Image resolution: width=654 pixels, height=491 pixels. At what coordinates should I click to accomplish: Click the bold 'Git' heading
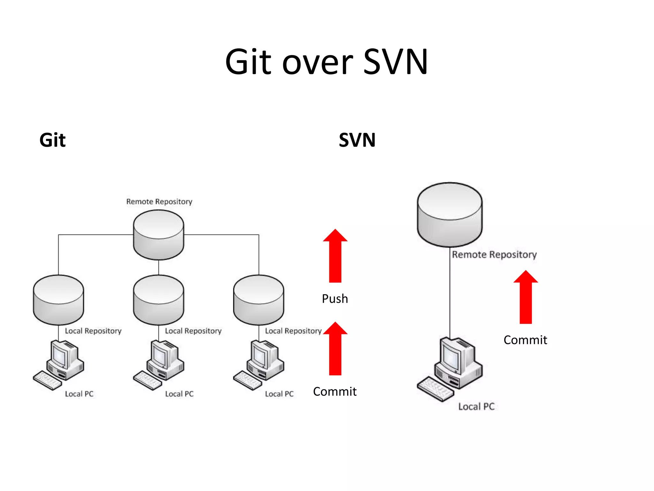point(52,140)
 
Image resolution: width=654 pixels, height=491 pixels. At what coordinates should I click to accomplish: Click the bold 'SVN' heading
point(357,140)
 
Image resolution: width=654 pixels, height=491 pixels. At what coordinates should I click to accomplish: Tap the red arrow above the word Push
point(335,256)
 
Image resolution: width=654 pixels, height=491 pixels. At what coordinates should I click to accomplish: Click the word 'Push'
point(335,299)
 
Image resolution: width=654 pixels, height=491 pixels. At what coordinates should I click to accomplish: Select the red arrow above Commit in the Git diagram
point(335,348)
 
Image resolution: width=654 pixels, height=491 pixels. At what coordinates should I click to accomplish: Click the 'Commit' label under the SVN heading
point(525,340)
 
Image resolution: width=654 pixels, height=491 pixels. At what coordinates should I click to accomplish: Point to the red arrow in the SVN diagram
point(526,297)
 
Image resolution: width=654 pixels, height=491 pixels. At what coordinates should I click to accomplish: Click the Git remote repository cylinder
point(158,235)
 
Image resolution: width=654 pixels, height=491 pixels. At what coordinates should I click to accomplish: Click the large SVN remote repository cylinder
point(450,215)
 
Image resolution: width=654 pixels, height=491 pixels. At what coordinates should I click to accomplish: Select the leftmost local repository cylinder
point(58,300)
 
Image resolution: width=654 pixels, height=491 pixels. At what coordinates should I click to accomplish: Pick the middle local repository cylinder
point(158,300)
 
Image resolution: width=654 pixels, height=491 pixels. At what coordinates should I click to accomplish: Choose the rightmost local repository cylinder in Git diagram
point(258,300)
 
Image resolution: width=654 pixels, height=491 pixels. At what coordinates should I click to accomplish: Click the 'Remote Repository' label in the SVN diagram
point(494,255)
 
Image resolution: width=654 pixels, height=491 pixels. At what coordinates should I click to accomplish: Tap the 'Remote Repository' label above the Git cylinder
point(159,202)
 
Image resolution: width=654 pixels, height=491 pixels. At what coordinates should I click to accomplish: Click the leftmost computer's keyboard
point(47,380)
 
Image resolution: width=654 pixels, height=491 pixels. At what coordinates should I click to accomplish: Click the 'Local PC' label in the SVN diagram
point(476,407)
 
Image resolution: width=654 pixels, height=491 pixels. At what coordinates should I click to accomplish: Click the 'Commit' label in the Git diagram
point(335,392)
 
